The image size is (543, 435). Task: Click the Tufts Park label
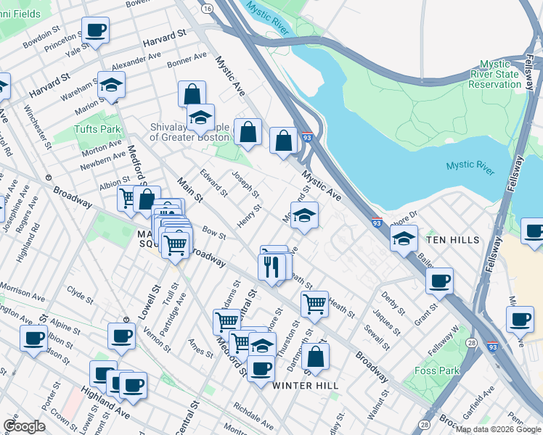click(97, 129)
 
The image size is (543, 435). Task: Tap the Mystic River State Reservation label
click(494, 74)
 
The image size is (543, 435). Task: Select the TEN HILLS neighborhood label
click(453, 240)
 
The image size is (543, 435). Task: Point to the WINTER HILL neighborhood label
click(305, 386)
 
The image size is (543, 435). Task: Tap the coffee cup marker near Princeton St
click(95, 30)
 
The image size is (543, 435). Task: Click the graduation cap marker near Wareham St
click(112, 87)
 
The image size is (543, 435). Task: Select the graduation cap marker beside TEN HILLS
click(404, 238)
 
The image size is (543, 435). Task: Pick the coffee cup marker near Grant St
click(438, 281)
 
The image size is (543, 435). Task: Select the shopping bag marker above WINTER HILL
click(316, 356)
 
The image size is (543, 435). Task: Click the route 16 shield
click(208, 8)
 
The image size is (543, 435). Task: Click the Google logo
click(24, 426)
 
